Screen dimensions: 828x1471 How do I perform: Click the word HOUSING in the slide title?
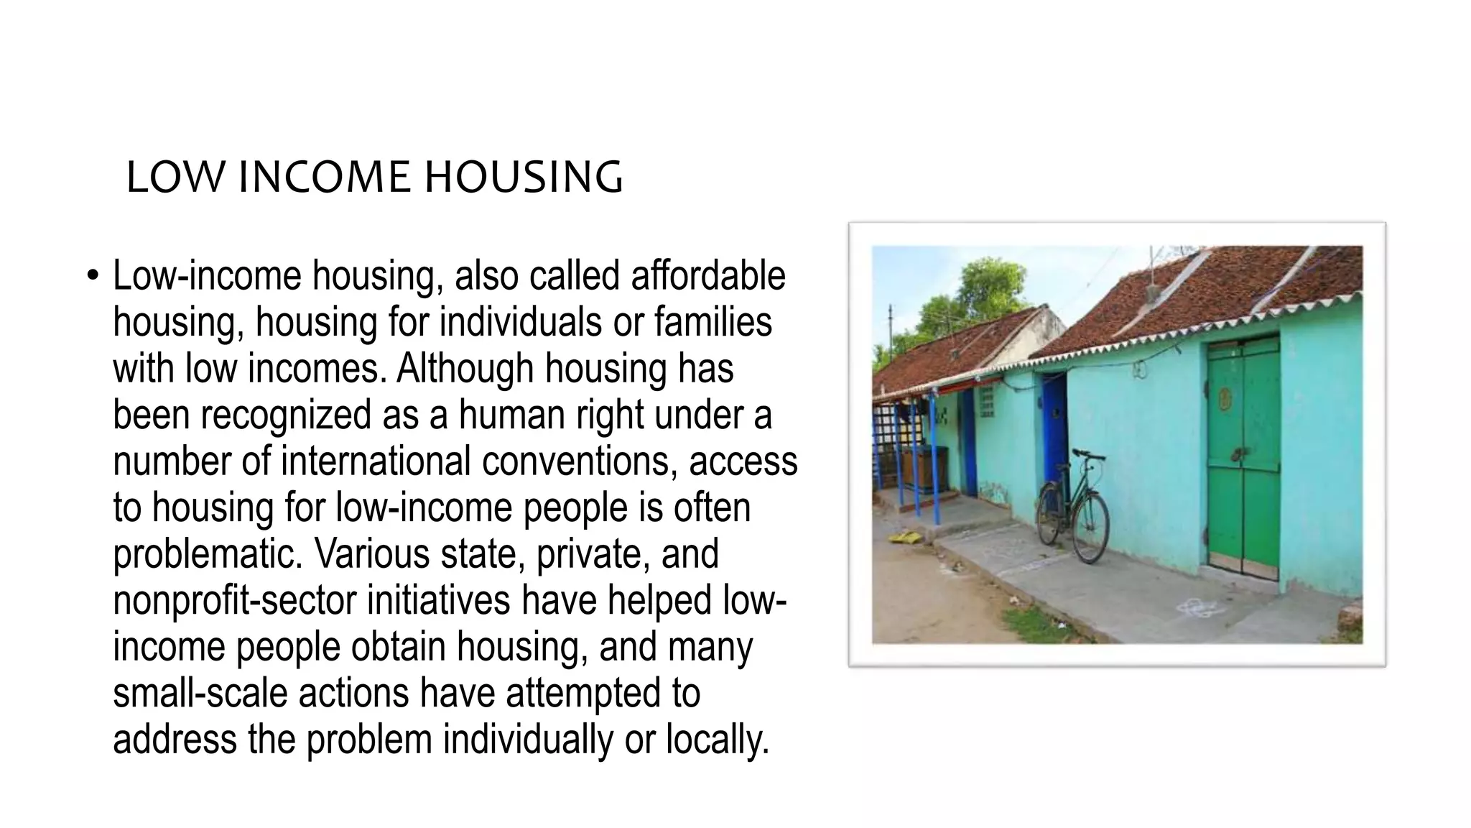pyautogui.click(x=524, y=178)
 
